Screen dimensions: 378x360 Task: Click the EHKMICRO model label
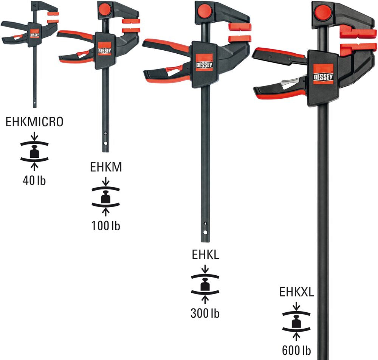click(34, 122)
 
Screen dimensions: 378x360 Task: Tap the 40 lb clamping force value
click(34, 180)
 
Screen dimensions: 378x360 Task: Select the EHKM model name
click(106, 167)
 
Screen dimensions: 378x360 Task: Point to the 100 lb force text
click(105, 226)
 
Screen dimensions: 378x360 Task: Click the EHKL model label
click(205, 254)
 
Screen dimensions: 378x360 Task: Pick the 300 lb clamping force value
click(205, 313)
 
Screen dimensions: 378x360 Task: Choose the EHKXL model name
click(296, 292)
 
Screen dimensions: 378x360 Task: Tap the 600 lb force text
click(296, 351)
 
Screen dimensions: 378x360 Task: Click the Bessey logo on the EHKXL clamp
click(323, 74)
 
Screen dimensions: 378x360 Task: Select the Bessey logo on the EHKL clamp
click(204, 62)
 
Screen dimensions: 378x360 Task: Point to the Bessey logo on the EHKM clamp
click(105, 49)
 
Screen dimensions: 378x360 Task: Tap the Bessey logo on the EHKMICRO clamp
click(34, 34)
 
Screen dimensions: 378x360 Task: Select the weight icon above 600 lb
click(296, 321)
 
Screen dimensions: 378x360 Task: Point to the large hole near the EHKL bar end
click(205, 233)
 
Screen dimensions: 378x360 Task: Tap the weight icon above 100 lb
click(105, 197)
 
